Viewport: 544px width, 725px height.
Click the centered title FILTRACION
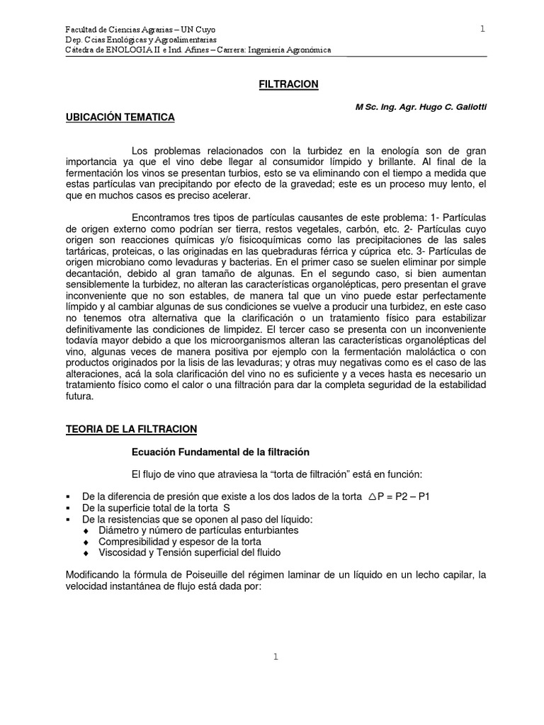287,84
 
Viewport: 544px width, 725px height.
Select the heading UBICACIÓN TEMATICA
120,118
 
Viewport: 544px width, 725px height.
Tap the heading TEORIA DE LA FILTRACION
131,429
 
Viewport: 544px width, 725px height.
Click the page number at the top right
482,29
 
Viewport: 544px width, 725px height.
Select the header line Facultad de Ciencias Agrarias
140,30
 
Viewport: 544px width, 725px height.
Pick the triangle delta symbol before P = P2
373,496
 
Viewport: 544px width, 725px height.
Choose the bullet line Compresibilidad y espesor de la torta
181,542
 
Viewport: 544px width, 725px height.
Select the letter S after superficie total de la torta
227,508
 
